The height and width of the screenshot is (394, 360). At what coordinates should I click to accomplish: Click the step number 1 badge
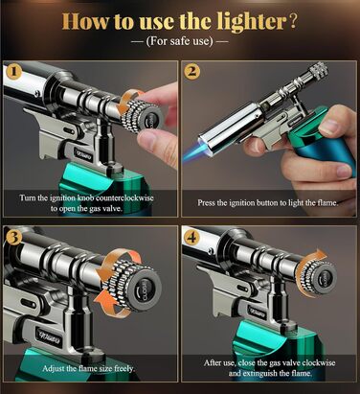(x=13, y=72)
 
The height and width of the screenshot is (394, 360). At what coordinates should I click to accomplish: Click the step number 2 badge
(x=191, y=72)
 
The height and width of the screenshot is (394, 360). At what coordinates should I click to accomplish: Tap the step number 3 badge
(x=13, y=238)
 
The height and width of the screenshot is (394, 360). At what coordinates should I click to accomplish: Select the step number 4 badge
(x=191, y=238)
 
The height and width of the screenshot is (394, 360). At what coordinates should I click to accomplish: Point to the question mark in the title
(x=293, y=21)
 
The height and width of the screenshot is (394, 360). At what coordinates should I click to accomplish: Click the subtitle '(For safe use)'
(x=179, y=41)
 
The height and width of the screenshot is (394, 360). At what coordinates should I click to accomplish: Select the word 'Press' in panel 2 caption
(x=206, y=202)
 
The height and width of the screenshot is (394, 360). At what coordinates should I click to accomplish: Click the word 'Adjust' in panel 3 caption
(x=54, y=368)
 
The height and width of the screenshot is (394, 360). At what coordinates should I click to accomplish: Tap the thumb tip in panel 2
(x=332, y=123)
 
